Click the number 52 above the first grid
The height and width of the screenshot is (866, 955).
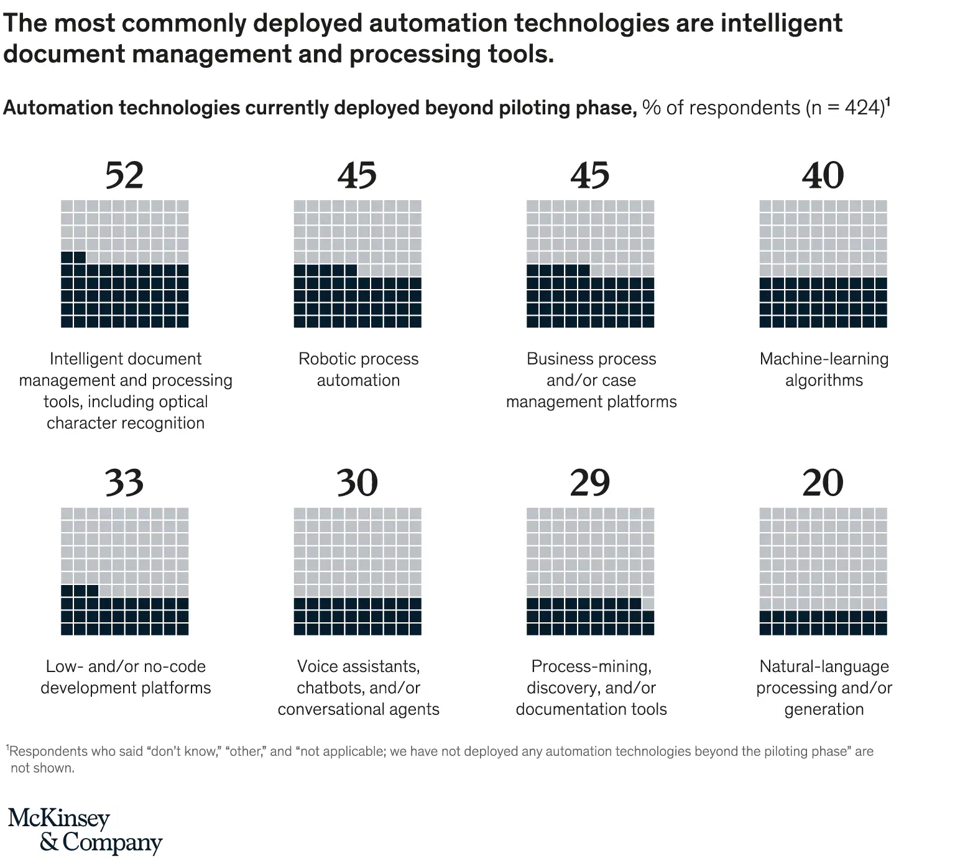pyautogui.click(x=124, y=175)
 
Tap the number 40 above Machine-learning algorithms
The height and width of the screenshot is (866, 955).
pyautogui.click(x=823, y=175)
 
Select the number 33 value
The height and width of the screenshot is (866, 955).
pyautogui.click(x=124, y=483)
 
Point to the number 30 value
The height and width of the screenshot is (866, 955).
pyautogui.click(x=358, y=483)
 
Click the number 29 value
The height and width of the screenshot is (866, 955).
pyautogui.click(x=590, y=483)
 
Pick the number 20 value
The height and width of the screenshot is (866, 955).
pyautogui.click(x=823, y=483)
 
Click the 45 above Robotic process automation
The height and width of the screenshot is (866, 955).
pyautogui.click(x=358, y=175)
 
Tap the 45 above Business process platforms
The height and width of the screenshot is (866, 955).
pyautogui.click(x=590, y=175)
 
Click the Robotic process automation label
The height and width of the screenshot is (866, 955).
pyautogui.click(x=358, y=369)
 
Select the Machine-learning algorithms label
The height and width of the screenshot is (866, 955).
pyautogui.click(x=824, y=369)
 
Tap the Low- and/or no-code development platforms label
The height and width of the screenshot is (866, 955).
pyautogui.click(x=126, y=677)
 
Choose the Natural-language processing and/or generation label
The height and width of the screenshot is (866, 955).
pyautogui.click(x=824, y=688)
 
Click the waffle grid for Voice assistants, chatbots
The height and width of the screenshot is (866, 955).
pyautogui.click(x=358, y=571)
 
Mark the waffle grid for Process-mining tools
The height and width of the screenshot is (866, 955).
pyautogui.click(x=590, y=571)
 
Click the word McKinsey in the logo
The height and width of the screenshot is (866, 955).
pyautogui.click(x=58, y=819)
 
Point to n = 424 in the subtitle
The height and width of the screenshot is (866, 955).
pyautogui.click(x=845, y=108)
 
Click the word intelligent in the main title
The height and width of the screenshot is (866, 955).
pyautogui.click(x=781, y=23)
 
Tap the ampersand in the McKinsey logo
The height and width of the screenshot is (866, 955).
pyautogui.click(x=49, y=842)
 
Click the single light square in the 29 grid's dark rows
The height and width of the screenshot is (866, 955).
pyautogui.click(x=648, y=604)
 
